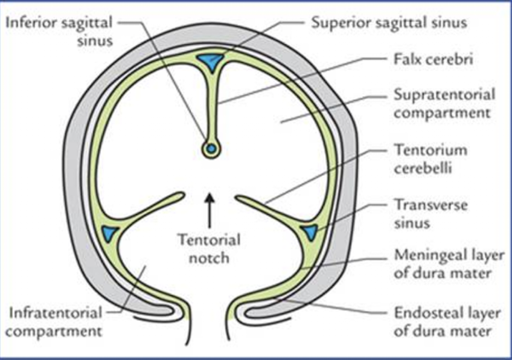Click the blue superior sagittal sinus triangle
tap(211, 60)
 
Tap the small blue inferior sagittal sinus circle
tap(211, 148)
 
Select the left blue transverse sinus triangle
tap(110, 232)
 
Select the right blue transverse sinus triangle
tap(310, 232)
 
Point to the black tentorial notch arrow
tap(209, 208)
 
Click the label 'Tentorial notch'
tap(209, 248)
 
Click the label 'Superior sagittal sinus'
tap(389, 24)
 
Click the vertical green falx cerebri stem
tap(211, 103)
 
